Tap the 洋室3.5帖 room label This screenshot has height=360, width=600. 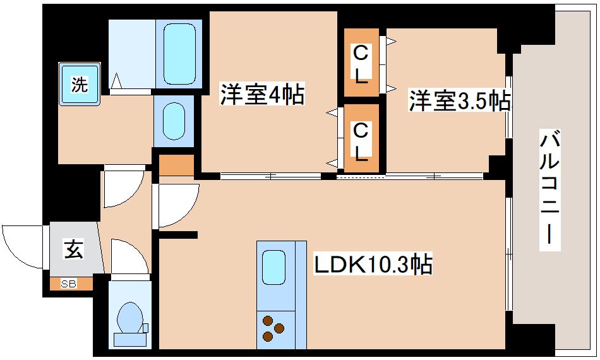point(459,101)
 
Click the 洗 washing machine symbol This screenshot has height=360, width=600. point(79,84)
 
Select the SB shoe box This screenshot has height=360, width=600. point(68,284)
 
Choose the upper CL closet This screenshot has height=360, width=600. point(361,63)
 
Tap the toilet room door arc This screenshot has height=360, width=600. point(129,256)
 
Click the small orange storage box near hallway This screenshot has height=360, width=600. point(176,165)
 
